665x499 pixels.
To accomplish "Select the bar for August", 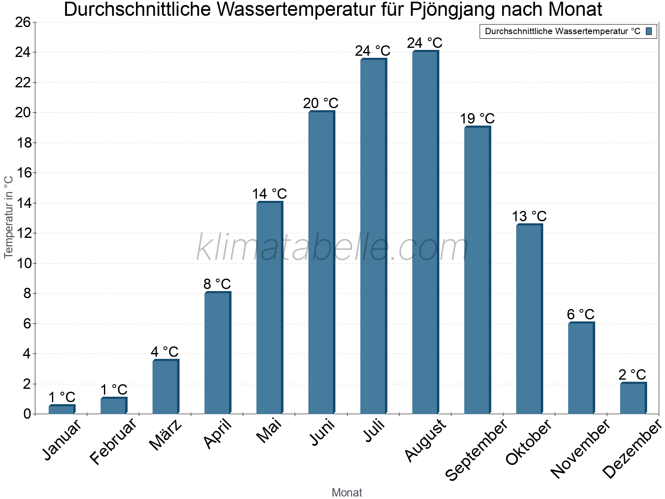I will pyautogui.click(x=425, y=233).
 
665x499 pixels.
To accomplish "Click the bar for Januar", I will pyautogui.click(x=62, y=410).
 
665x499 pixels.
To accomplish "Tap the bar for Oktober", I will pyautogui.click(x=529, y=319).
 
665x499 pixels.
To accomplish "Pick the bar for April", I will pyautogui.click(x=217, y=353).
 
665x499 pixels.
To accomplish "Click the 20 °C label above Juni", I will pyautogui.click(x=320, y=103).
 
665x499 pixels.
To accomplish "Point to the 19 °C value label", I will pyautogui.click(x=477, y=119).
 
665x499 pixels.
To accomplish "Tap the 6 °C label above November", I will pyautogui.click(x=581, y=314).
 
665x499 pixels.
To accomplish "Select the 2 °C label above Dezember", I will pyautogui.click(x=632, y=375).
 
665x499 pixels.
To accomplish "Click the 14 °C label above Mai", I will pyautogui.click(x=269, y=194).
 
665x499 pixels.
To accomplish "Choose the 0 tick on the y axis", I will pyautogui.click(x=27, y=414).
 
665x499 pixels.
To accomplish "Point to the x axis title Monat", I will pyautogui.click(x=347, y=492).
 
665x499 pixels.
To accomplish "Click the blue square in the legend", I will pyautogui.click(x=649, y=31).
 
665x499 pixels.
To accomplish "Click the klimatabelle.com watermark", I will pyautogui.click(x=332, y=248).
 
